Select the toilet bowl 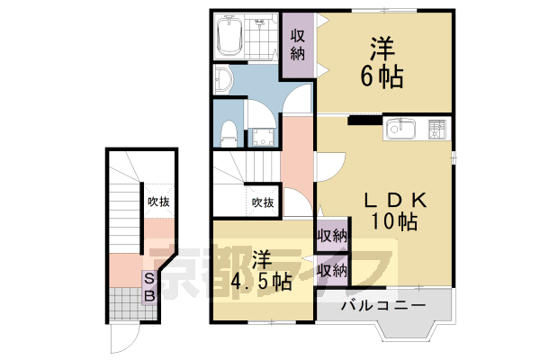(229, 133)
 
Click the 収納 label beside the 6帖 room (297, 42)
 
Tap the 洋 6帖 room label (382, 61)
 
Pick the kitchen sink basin (399, 130)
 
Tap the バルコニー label (382, 307)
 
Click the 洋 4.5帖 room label (260, 268)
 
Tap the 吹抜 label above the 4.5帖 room (263, 202)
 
